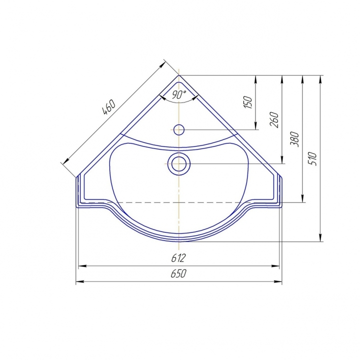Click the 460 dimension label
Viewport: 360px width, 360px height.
click(x=108, y=107)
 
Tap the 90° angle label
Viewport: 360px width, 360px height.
click(x=179, y=94)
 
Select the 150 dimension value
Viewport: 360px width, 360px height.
click(x=247, y=102)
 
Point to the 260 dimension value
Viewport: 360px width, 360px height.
click(x=274, y=120)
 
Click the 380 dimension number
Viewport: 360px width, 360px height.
click(x=294, y=139)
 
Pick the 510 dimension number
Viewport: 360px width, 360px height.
click(x=312, y=158)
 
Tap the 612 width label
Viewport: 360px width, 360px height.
click(x=178, y=258)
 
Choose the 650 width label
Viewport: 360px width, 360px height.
click(x=178, y=273)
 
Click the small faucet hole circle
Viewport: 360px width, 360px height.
click(x=179, y=129)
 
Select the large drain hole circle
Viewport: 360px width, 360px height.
click(x=179, y=164)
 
